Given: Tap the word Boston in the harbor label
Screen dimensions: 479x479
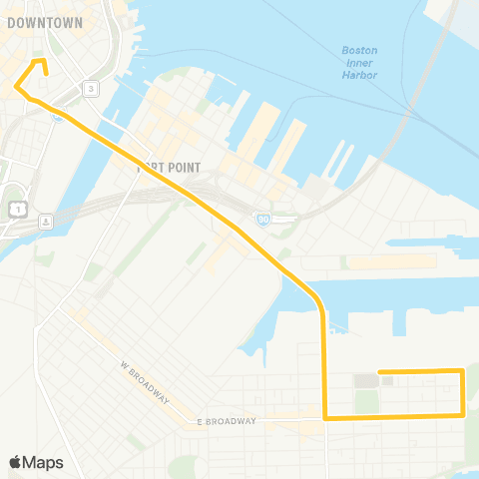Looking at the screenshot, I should [x=359, y=50].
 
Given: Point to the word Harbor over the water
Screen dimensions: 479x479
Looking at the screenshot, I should [x=359, y=75].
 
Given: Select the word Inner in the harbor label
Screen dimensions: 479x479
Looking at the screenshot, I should [x=359, y=62].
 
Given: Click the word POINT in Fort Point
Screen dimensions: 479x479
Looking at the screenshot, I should [x=183, y=168].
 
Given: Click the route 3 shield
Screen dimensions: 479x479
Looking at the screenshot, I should [x=91, y=89].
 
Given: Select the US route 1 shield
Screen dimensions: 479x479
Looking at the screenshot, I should [x=18, y=208].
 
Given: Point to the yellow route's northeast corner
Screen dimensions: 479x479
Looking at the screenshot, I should [x=463, y=371].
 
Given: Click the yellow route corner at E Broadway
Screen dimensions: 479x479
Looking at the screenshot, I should [x=325, y=418].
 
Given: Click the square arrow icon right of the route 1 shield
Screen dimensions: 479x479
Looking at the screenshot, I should [x=45, y=221].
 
